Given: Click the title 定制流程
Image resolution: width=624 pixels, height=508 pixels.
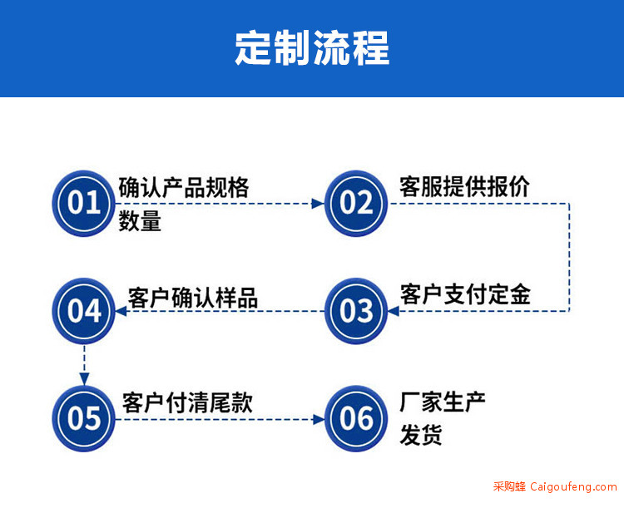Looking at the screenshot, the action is [x=312, y=48].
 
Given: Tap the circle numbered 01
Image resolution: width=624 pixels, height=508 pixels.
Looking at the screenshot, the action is [x=83, y=203].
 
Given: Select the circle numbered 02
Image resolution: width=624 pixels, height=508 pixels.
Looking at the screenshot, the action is [x=356, y=203].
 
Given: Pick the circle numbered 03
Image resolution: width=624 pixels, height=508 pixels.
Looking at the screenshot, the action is [x=356, y=311].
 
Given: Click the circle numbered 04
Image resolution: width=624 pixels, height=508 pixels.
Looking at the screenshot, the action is [x=83, y=311].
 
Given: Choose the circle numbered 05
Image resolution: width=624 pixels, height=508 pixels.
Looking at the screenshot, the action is [x=83, y=418].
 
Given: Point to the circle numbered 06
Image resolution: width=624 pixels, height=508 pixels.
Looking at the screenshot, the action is [x=356, y=418].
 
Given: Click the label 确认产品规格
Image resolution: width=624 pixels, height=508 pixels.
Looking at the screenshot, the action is [x=184, y=187].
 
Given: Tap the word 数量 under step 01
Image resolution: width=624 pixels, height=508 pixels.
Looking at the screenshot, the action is [x=140, y=221].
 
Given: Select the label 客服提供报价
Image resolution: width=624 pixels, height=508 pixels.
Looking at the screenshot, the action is [x=464, y=186].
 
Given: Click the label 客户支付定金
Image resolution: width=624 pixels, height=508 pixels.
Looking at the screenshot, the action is [x=465, y=294].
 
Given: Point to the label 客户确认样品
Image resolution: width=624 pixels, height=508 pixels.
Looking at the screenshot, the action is [x=193, y=298].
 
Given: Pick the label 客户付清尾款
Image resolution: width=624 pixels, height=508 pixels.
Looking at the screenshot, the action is [x=187, y=402].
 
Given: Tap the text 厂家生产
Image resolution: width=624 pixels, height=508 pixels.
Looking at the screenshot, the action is [x=443, y=402].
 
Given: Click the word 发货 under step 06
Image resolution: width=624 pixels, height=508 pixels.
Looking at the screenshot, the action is [x=421, y=435].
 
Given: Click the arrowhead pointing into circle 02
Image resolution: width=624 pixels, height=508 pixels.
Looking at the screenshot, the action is [x=318, y=204].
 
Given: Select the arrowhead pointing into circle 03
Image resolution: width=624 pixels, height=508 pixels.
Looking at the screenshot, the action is [x=394, y=311].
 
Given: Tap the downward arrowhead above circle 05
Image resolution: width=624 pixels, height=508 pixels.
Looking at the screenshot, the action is [x=84, y=379].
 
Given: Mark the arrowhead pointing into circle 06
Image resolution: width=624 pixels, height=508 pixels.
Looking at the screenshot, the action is [x=319, y=419].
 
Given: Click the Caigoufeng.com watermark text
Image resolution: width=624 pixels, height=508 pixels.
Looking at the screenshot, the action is [x=573, y=486].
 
